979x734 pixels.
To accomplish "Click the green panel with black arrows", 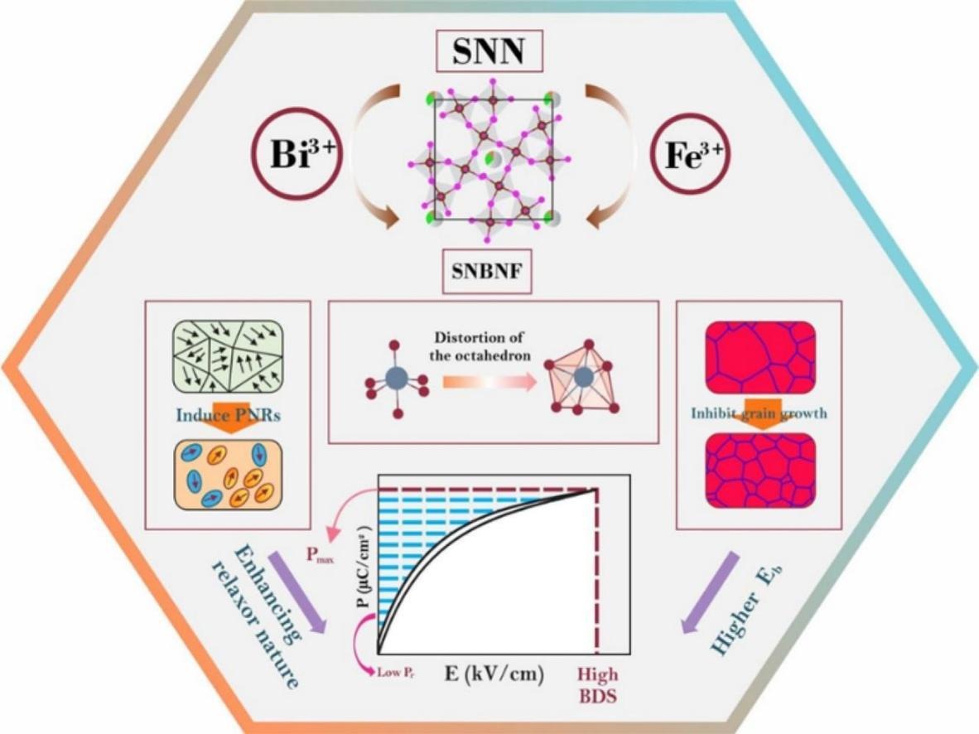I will pos(227,358).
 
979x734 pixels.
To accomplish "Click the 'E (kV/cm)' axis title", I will pos(494,674).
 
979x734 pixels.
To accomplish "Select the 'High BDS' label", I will pos(597,683).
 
